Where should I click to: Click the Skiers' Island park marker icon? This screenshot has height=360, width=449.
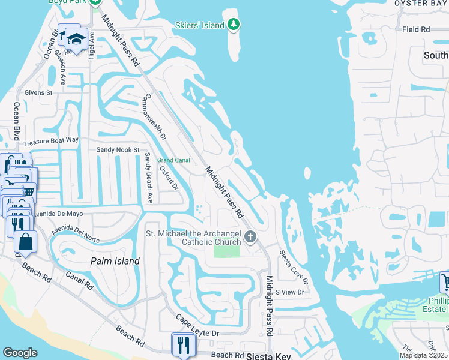coord(234,25)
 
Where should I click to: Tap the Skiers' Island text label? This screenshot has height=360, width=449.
coord(198,25)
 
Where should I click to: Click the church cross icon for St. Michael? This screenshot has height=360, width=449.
coord(250,238)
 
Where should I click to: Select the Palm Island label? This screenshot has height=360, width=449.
coord(115,261)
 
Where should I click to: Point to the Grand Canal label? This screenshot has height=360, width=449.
coord(173,160)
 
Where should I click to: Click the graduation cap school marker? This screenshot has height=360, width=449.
coord(76,40)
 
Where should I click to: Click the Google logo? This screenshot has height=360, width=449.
coord(20,353)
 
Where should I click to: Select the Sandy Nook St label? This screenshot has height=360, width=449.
coord(118,149)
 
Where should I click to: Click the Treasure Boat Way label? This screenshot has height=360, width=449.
coord(51,141)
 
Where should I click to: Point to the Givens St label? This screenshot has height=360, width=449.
coord(38,93)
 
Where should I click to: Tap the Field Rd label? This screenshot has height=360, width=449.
coord(416,29)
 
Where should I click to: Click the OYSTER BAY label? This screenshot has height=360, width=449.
coord(421,4)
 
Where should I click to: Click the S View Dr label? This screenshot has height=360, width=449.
coord(290,292)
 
